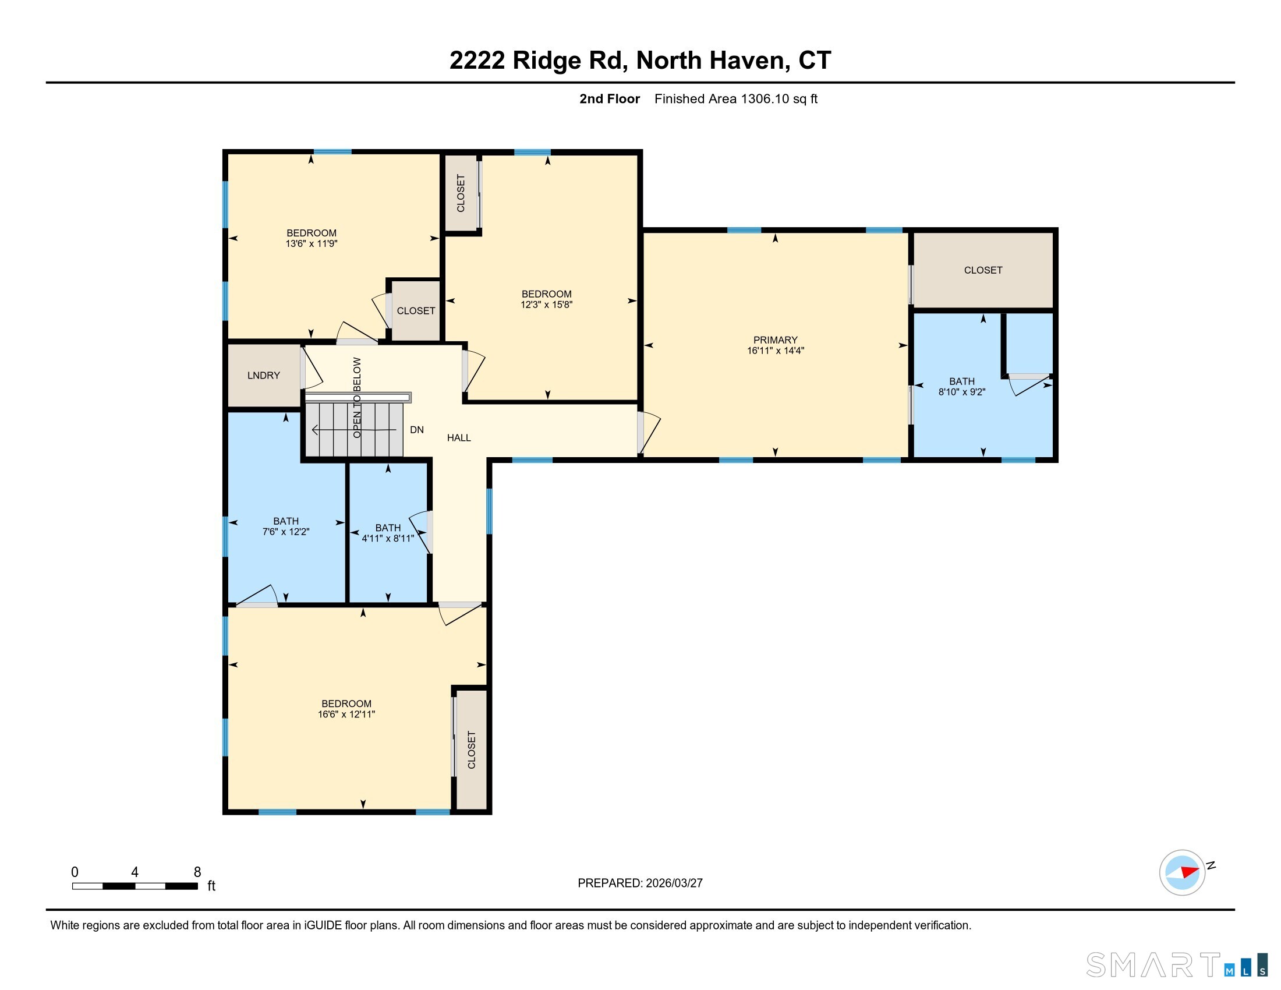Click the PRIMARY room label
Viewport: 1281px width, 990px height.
775,340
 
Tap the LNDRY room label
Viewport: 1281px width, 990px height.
263,376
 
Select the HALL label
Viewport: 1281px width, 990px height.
459,437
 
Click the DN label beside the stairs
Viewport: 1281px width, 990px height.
416,430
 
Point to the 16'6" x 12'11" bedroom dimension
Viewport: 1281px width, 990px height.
346,715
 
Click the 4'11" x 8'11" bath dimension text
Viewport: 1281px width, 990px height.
388,539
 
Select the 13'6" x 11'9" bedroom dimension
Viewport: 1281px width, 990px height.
312,243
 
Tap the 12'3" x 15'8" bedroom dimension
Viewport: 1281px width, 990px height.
546,305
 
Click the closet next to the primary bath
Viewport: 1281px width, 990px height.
983,270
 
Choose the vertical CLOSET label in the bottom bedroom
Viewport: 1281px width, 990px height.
472,749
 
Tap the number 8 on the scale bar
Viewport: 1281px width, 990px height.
197,872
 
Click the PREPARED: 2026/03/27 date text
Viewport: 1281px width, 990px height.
640,883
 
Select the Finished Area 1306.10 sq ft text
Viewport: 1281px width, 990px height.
735,98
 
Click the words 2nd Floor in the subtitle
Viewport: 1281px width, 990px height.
610,98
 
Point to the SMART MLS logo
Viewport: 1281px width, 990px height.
1176,965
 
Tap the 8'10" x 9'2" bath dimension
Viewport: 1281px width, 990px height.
961,392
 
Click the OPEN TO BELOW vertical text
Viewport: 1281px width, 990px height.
357,397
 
